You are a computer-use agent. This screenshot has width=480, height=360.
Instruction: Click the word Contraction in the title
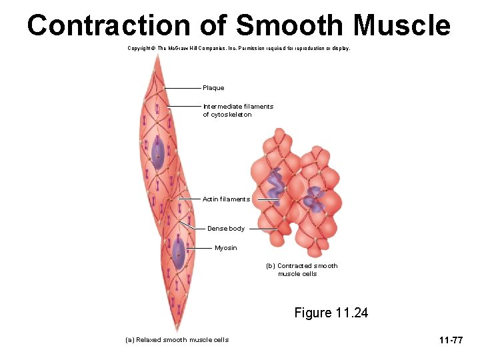[x=108, y=25]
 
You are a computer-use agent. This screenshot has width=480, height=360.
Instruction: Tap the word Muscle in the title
[x=402, y=25]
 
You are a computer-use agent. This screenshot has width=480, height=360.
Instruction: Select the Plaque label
[x=213, y=88]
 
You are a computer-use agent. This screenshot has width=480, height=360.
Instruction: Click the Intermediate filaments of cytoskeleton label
[x=237, y=111]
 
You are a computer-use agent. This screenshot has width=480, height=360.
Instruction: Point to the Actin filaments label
[x=226, y=199]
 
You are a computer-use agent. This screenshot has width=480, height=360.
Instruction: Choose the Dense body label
[x=225, y=229]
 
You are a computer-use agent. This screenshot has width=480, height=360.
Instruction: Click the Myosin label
[x=225, y=248]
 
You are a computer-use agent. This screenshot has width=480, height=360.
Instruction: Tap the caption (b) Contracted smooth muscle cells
[x=301, y=270]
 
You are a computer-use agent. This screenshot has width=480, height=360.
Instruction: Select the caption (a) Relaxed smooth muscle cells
[x=177, y=340]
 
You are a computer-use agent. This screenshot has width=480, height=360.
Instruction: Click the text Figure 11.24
[x=331, y=313]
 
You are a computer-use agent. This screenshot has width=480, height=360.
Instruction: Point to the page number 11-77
[x=451, y=341]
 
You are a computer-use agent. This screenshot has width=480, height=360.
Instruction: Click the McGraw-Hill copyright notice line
[x=238, y=49]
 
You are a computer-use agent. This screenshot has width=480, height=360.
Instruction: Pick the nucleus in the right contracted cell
[x=312, y=198]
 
